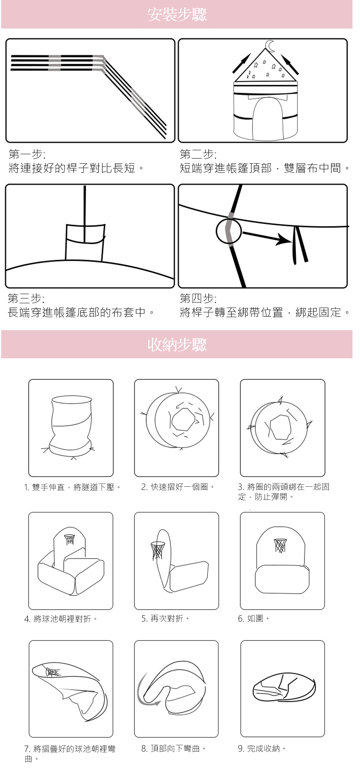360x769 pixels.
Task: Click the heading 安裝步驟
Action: (x=177, y=15)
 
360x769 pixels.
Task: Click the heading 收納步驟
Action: (x=177, y=344)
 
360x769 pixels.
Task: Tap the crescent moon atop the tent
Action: (x=270, y=46)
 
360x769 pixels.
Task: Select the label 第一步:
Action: (x=27, y=154)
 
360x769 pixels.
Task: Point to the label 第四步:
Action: (x=198, y=298)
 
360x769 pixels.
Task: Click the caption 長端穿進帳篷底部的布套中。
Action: (x=81, y=312)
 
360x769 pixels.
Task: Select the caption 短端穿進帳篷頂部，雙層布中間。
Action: (x=265, y=168)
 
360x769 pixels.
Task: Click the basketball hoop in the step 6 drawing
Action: (x=280, y=545)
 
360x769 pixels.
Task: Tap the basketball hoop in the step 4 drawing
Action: (x=69, y=539)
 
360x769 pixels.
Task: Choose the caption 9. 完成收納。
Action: (x=262, y=748)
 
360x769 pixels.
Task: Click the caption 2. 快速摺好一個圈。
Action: (x=178, y=487)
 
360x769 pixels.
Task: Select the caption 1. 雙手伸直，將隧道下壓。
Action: (x=73, y=487)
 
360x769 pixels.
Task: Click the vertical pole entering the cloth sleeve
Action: (x=84, y=214)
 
